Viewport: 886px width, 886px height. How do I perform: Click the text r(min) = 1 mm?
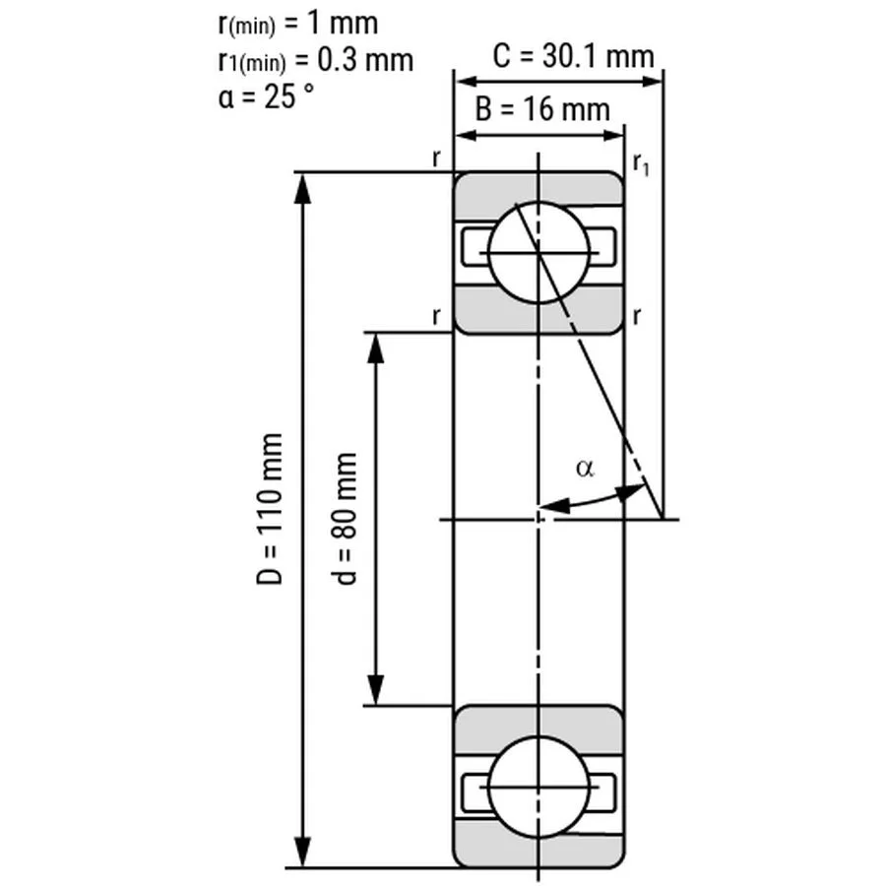(296, 23)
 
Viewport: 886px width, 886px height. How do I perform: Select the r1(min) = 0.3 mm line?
(314, 60)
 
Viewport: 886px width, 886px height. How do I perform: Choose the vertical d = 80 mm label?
(347, 519)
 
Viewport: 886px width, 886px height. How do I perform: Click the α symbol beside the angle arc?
(585, 469)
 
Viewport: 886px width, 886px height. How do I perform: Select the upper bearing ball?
(538, 251)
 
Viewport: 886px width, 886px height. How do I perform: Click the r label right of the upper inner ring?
(638, 316)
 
